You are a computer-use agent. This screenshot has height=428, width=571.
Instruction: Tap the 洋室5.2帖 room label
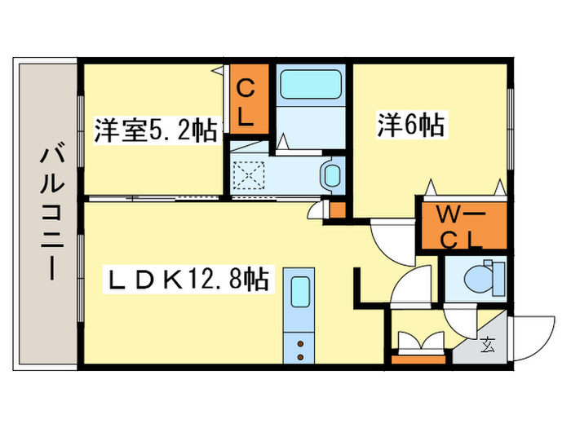tap(155, 130)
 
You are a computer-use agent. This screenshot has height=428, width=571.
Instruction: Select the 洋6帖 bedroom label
tap(410, 125)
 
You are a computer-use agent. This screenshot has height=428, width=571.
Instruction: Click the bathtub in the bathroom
tap(310, 85)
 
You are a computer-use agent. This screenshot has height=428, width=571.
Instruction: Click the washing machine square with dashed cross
tap(247, 174)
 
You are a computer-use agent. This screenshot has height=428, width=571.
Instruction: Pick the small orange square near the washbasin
tap(337, 210)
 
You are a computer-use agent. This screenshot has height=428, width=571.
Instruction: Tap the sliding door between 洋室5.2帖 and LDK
tap(155, 198)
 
